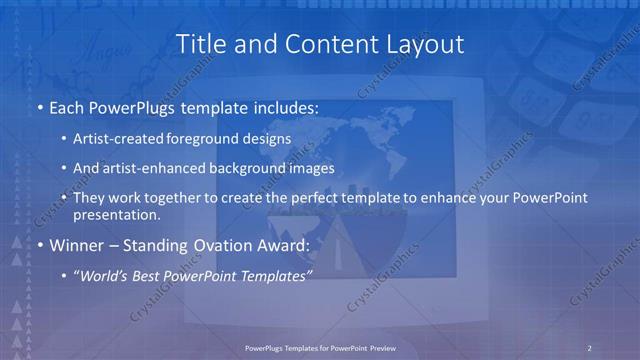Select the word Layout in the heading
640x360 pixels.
click(428, 44)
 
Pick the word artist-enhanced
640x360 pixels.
click(165, 168)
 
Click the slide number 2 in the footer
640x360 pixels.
click(590, 347)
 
